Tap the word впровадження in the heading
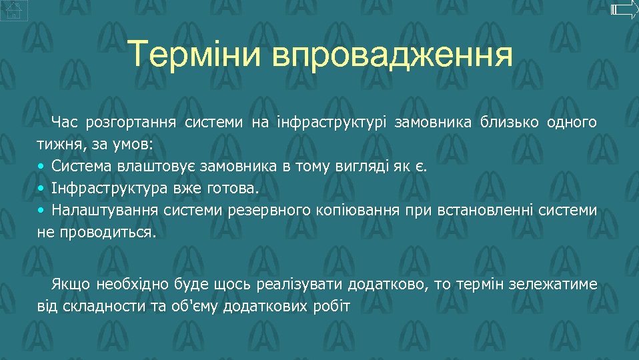[392, 55]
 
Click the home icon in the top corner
[14, 10]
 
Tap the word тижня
[56, 144]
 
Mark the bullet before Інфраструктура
[41, 189]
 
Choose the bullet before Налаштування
[41, 211]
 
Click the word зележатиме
[553, 285]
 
